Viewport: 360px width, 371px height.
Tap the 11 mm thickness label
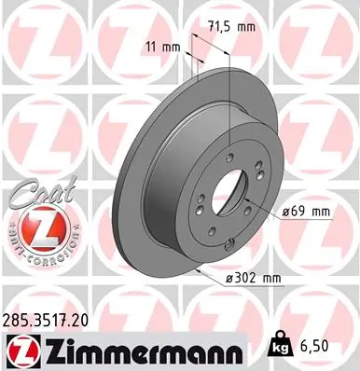click(164, 45)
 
